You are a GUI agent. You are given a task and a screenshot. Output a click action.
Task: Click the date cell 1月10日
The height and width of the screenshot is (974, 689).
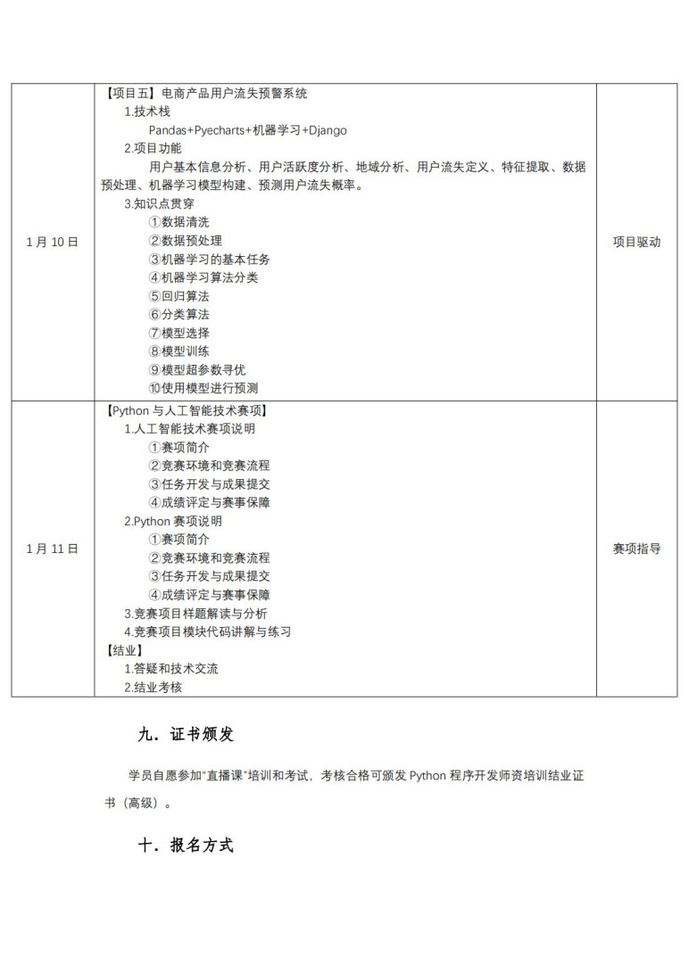tap(53, 242)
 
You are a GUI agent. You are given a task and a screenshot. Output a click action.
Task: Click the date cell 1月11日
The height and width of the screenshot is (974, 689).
tap(53, 549)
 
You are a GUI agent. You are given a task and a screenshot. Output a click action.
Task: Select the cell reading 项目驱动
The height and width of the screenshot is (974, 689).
tap(636, 242)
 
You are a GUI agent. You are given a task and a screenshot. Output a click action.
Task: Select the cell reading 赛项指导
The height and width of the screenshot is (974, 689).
tap(636, 549)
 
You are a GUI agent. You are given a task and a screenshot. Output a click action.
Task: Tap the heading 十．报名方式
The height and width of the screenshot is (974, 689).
tap(186, 846)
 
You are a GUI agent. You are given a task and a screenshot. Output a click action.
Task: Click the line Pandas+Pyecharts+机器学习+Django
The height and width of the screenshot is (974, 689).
tap(247, 130)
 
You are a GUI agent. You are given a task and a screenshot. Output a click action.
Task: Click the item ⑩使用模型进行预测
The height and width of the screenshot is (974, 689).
tap(203, 388)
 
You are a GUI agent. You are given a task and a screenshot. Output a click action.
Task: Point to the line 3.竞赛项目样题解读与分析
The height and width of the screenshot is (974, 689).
tap(195, 614)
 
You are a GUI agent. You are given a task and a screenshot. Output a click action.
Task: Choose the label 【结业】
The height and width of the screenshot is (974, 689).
tap(123, 650)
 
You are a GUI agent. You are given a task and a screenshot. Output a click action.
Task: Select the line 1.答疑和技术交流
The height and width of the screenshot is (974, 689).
tap(170, 669)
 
